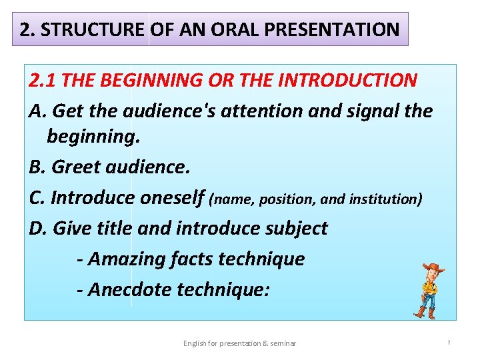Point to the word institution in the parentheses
coord(388,199)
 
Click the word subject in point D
coord(296,228)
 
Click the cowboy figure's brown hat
coord(433,268)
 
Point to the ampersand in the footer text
coord(265,343)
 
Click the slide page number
coord(449,343)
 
